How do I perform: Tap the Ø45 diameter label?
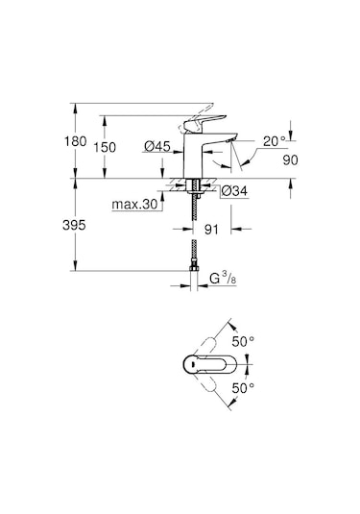coord(157,147)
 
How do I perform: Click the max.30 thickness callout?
coord(135,205)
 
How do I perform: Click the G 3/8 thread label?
coord(224,280)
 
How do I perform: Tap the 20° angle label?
coord(276,140)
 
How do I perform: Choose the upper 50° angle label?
coord(245,341)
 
